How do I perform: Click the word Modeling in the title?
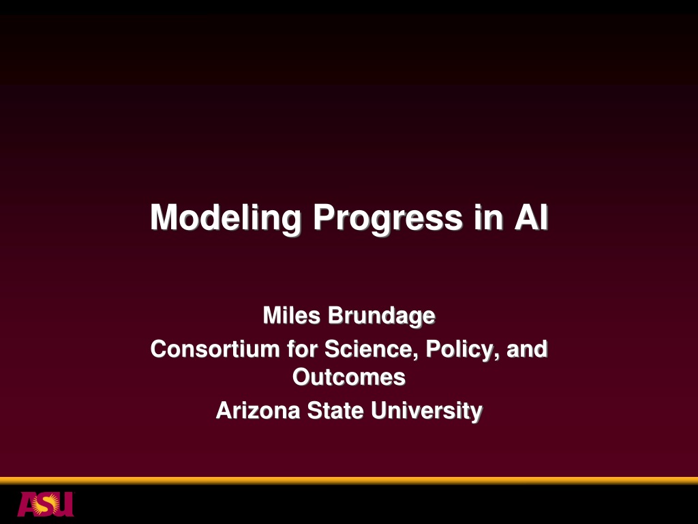[x=226, y=218]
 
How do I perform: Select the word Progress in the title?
[x=388, y=218]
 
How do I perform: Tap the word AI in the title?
[x=531, y=217]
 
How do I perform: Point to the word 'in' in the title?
[x=488, y=217]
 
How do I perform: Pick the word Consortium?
[x=215, y=349]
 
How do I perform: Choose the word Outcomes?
[x=349, y=377]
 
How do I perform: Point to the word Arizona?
[x=258, y=410]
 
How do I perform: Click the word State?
[x=335, y=410]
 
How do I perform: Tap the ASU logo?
[x=46, y=504]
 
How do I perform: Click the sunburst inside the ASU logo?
[x=48, y=504]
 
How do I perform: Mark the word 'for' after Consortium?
[x=302, y=349]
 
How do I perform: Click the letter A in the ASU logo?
[x=27, y=504]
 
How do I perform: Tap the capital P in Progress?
[x=324, y=217]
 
